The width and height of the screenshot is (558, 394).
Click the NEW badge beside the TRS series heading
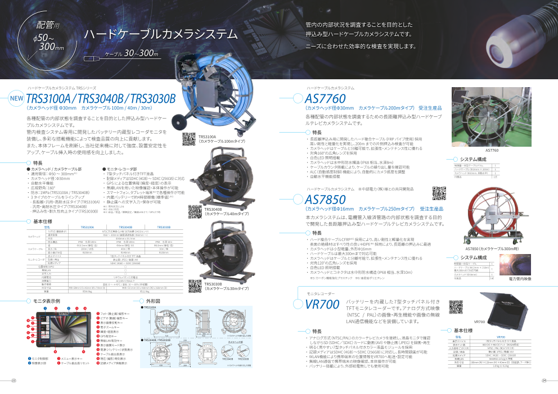point(16,100)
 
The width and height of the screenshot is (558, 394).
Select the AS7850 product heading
point(325,200)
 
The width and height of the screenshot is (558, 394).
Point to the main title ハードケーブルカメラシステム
point(160,34)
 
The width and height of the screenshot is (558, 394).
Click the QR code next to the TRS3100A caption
point(190,139)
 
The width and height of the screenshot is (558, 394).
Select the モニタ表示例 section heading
point(46,301)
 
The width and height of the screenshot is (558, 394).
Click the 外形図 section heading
point(154,301)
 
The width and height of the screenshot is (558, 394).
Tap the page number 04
point(544,381)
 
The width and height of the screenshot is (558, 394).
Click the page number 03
point(13,381)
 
